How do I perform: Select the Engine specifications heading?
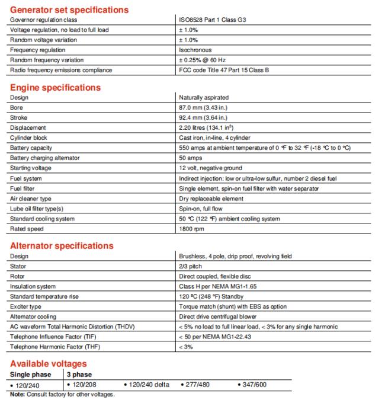pyautogui.click(x=55, y=87)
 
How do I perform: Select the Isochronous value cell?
pyautogui.click(x=195, y=50)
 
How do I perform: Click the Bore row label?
pyautogui.click(x=16, y=107)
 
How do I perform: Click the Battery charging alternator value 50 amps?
pyautogui.click(x=191, y=158)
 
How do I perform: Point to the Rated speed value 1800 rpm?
pyautogui.click(x=191, y=229)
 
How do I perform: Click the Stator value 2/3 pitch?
pyautogui.click(x=191, y=266)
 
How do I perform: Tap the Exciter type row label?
pyautogui.click(x=26, y=306)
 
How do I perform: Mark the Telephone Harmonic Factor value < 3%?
pyautogui.click(x=185, y=347)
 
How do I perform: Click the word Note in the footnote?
pyautogui.click(x=17, y=395)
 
